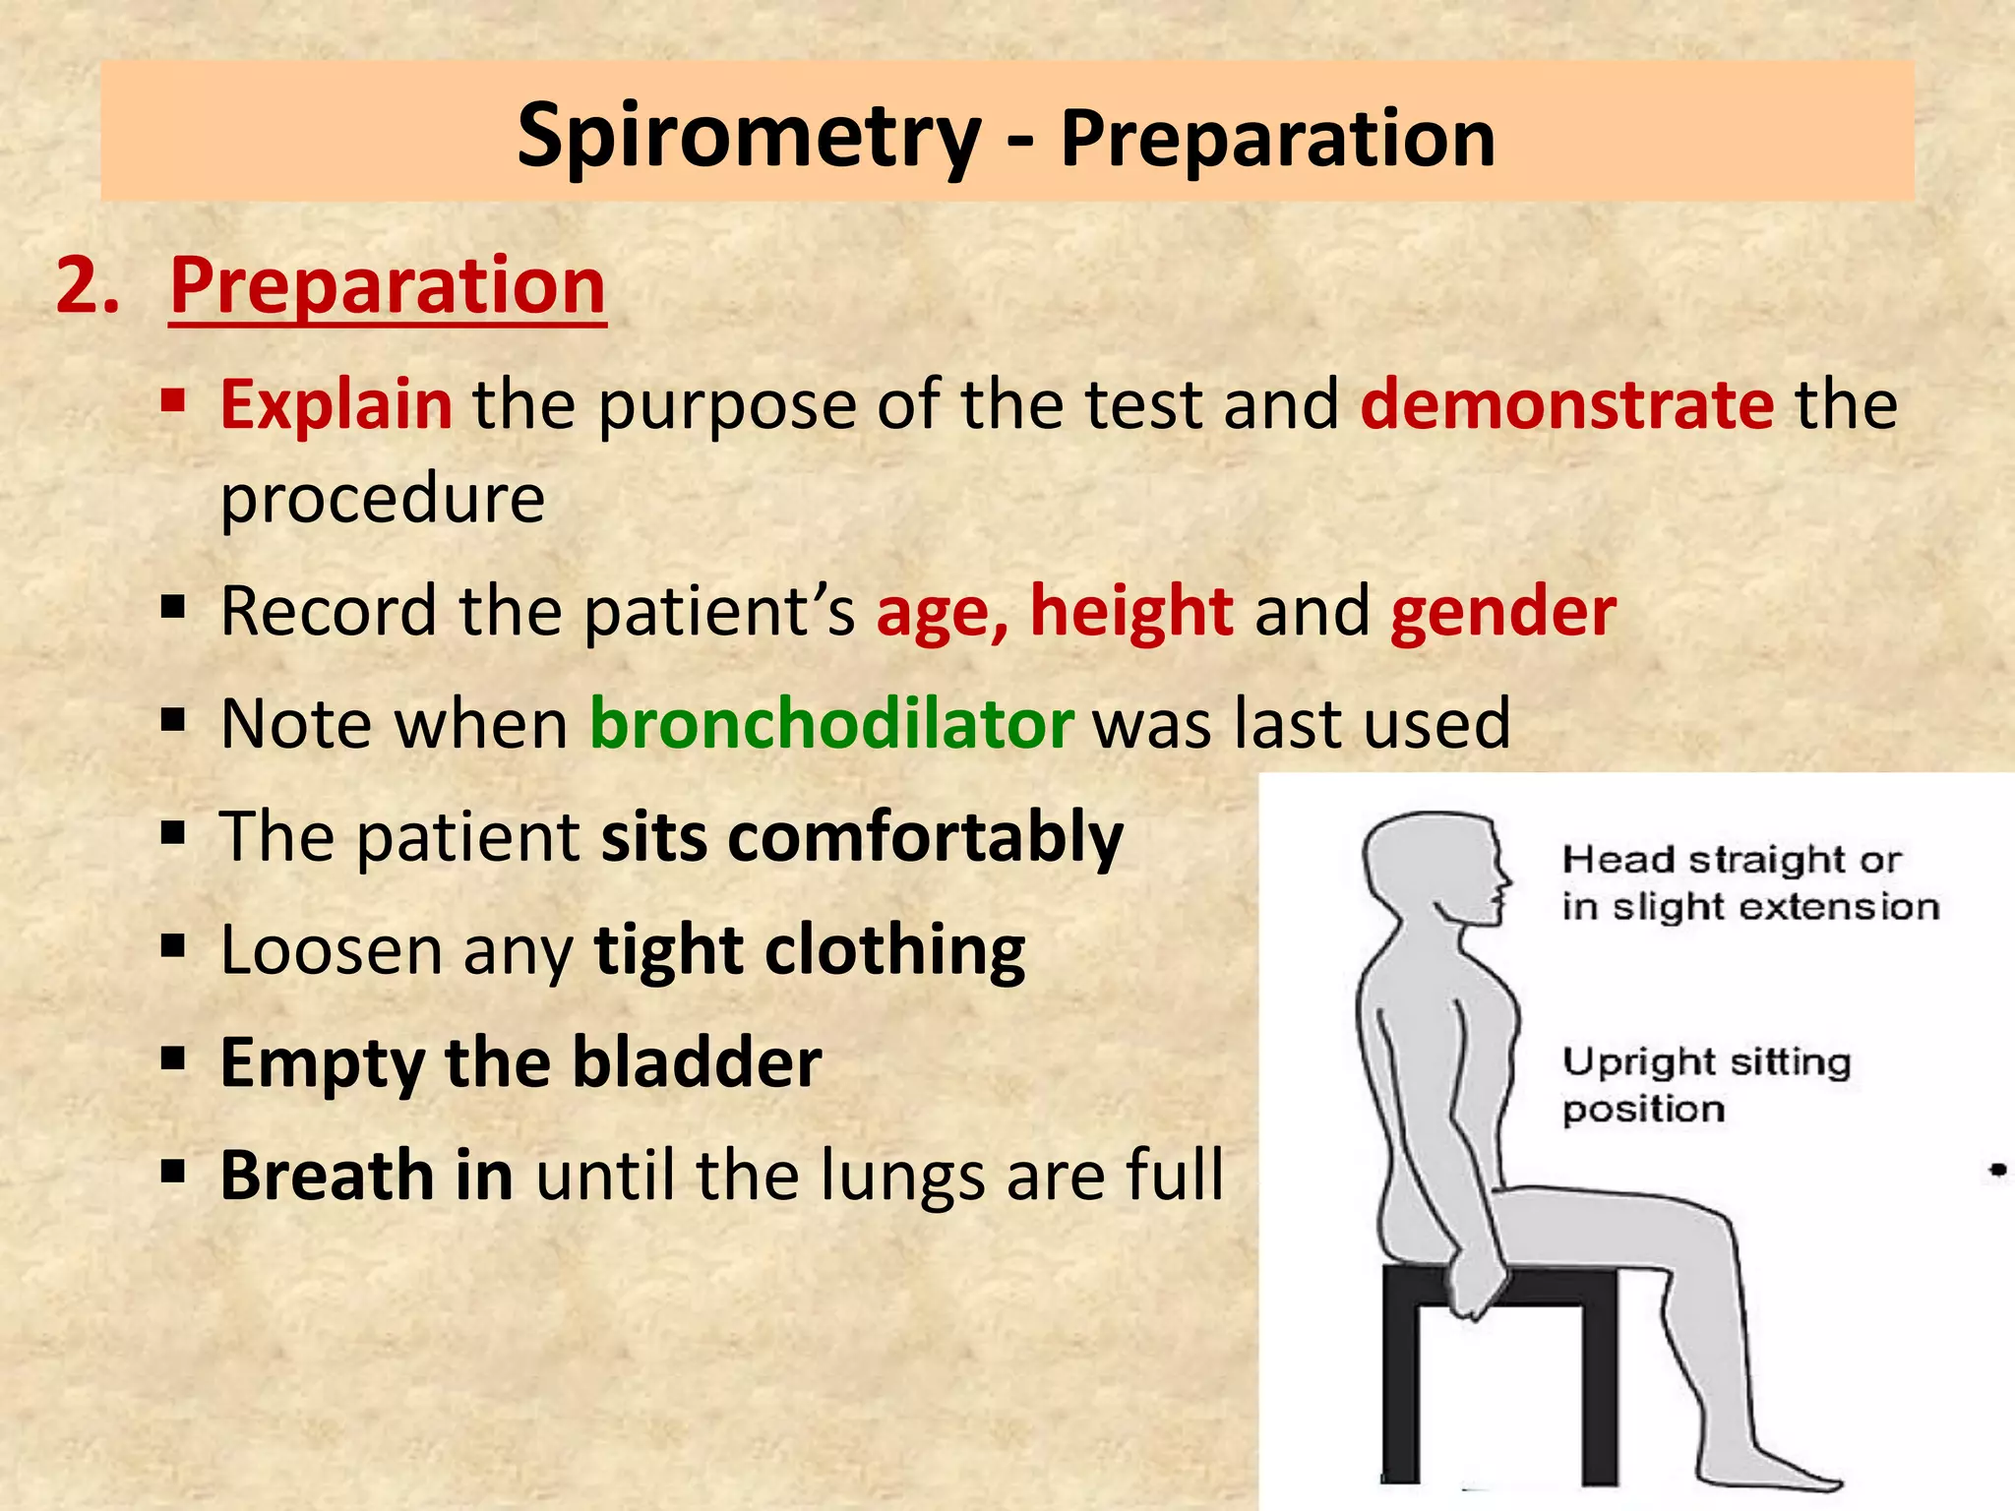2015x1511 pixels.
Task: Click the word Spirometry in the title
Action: pos(749,138)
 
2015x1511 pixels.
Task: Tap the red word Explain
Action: pos(336,404)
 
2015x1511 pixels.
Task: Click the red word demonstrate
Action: pos(1566,404)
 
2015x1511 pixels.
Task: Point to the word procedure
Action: pos(382,500)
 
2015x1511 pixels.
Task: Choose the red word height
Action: pos(1131,612)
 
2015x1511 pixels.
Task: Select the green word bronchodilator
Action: pos(831,724)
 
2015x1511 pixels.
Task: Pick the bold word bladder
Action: pos(698,1063)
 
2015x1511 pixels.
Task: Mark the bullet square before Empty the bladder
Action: pos(174,1059)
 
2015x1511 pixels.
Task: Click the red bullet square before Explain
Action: pos(174,400)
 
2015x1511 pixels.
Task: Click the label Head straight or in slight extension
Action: pos(1748,882)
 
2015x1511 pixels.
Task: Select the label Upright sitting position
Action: pos(1705,1085)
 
